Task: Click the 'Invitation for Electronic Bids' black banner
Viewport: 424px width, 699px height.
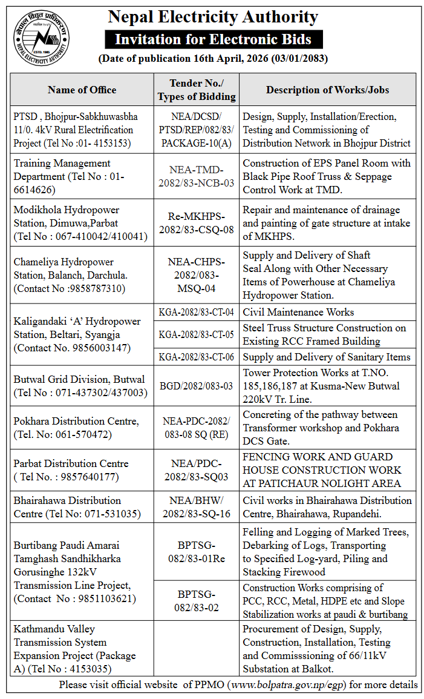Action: tap(213, 40)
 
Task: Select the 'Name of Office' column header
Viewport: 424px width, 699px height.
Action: tap(82, 90)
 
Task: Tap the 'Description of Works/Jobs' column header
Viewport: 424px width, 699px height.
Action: tap(327, 90)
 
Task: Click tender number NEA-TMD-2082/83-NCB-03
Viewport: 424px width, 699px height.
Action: tap(197, 176)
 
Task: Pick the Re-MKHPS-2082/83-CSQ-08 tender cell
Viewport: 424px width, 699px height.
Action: tap(197, 223)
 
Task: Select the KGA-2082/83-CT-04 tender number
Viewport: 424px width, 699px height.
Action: tap(197, 313)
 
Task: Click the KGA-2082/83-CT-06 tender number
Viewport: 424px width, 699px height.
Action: tap(197, 357)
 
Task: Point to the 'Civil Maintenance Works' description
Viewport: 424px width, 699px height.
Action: tap(298, 313)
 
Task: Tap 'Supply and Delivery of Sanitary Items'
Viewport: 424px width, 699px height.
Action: tap(327, 357)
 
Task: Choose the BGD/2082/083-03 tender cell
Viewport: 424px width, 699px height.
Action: tap(197, 386)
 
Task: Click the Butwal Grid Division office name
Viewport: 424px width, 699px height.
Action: tap(79, 380)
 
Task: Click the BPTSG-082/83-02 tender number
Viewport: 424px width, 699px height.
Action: tap(197, 600)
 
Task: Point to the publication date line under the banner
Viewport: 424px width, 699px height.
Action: tap(213, 59)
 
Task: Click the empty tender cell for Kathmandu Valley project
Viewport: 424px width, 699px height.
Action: tap(197, 648)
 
